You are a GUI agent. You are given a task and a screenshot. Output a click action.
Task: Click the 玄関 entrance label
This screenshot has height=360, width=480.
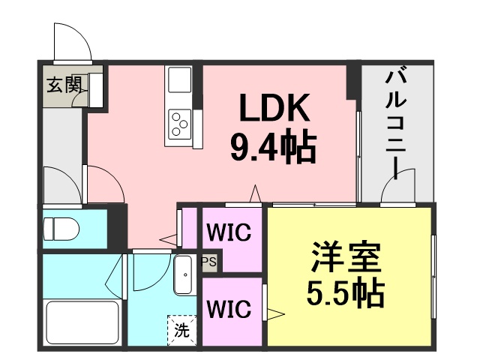click(x=64, y=84)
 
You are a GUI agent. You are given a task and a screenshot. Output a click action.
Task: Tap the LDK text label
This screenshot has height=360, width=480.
click(x=275, y=107)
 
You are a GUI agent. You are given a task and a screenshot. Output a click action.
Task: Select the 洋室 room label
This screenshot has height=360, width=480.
click(x=346, y=257)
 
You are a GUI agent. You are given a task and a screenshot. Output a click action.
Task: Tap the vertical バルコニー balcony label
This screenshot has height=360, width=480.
click(x=395, y=124)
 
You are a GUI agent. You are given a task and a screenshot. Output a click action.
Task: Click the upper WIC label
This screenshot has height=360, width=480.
click(x=229, y=232)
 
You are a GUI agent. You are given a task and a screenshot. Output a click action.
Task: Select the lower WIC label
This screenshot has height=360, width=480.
click(x=229, y=309)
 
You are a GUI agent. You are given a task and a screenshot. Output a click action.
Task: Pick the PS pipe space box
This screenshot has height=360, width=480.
click(x=209, y=262)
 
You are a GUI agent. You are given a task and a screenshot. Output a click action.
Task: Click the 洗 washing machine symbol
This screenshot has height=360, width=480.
click(x=181, y=331)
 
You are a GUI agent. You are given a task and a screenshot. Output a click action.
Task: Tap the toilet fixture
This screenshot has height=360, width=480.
click(x=61, y=229)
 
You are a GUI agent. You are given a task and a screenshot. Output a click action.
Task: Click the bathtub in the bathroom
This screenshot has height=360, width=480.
click(x=82, y=322)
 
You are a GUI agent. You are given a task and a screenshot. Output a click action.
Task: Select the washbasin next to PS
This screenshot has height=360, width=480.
click(x=183, y=275)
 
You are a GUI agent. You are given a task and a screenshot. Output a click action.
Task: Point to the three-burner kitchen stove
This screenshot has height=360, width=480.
click(x=179, y=124)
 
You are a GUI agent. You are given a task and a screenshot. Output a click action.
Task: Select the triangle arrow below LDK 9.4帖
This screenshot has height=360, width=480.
click(x=255, y=193)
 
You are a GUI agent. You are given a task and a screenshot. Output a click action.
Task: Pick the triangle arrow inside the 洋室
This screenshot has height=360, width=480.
click(x=276, y=313)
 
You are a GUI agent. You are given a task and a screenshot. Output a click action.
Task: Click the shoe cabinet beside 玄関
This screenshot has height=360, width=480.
click(x=95, y=90)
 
